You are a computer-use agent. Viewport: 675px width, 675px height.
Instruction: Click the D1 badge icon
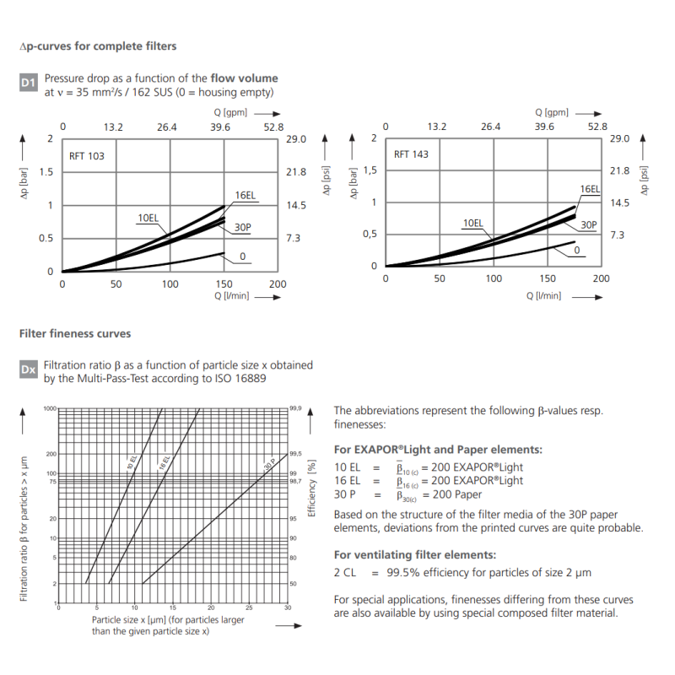[x=29, y=83]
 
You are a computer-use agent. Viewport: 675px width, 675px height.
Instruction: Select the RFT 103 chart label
[x=87, y=156]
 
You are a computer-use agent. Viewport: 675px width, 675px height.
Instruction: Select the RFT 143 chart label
[x=412, y=154]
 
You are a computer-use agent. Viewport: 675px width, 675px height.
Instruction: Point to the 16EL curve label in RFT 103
[x=245, y=196]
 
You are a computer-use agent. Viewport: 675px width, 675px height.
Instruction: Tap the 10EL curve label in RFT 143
[x=472, y=223]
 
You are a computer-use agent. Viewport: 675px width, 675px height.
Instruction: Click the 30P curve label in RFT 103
[x=243, y=228]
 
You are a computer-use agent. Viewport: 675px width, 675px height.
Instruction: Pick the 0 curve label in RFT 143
[x=577, y=250]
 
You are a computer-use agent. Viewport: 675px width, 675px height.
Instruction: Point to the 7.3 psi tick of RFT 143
[x=618, y=235]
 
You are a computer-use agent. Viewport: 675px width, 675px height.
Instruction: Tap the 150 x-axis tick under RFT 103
[x=224, y=284]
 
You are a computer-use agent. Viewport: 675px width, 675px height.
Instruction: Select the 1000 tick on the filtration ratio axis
[x=49, y=408]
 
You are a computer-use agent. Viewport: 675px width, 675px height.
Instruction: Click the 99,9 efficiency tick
[x=295, y=408]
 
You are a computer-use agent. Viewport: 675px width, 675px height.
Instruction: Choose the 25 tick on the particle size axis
[x=249, y=608]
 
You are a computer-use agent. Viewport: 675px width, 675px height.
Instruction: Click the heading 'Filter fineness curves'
[x=75, y=333]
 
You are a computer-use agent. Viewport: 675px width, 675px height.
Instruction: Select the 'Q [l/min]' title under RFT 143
[x=543, y=295]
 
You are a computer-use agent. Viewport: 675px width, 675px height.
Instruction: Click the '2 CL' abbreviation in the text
[x=346, y=572]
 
